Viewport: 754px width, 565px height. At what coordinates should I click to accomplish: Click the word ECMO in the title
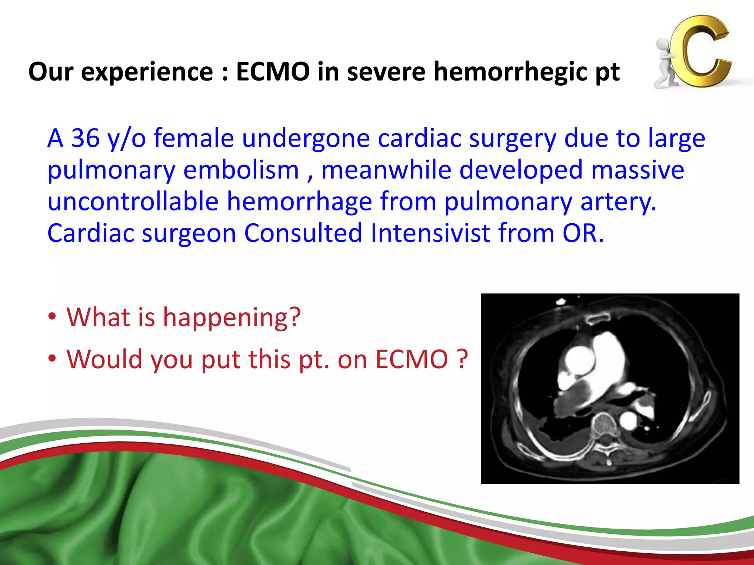pos(273,72)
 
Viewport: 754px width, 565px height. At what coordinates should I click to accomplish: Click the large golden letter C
pos(701,51)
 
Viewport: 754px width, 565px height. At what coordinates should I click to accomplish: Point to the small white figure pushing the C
pos(666,63)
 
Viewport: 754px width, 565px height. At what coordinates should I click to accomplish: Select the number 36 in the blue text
pos(85,139)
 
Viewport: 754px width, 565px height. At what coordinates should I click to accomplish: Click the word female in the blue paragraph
pos(194,139)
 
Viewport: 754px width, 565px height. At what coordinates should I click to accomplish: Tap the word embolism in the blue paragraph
pos(241,170)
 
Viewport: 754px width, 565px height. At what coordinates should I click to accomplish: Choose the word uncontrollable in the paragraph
pos(133,202)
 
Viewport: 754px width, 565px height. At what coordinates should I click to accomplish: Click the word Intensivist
pos(430,233)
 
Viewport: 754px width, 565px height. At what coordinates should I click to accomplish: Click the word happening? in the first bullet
pos(232,317)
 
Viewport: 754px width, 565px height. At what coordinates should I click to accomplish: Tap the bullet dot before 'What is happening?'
pos(52,316)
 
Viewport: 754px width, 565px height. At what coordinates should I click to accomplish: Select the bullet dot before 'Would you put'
pos(52,358)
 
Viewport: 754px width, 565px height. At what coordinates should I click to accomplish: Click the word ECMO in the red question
pos(412,359)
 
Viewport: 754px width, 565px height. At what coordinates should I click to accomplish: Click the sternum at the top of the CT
pos(598,317)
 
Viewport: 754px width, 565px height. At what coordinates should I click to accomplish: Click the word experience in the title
pos(147,72)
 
